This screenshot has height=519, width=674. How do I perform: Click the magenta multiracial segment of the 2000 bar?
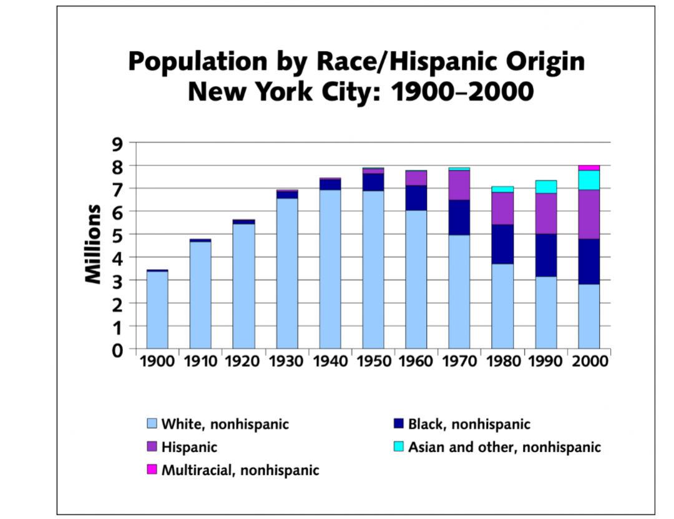[x=589, y=168]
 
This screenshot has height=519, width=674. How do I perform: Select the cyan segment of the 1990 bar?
[x=545, y=187]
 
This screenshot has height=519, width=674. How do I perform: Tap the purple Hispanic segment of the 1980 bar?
[x=502, y=208]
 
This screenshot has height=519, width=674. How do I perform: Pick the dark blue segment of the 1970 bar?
[x=459, y=217]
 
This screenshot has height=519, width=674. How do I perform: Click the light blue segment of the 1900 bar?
[x=157, y=310]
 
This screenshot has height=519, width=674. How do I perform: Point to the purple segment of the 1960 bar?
[x=416, y=178]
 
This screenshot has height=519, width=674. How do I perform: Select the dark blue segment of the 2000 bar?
[x=589, y=262]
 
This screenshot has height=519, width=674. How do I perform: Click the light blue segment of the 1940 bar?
[x=330, y=269]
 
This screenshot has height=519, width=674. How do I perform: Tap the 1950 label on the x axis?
[x=373, y=362]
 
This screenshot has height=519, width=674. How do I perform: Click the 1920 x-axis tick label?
[x=243, y=362]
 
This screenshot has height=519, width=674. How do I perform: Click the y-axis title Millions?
[x=94, y=244]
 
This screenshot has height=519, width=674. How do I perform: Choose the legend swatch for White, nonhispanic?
[x=152, y=425]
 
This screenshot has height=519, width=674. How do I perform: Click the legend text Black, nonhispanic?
[x=469, y=425]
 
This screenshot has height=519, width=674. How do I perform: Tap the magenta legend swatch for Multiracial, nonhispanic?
[x=152, y=470]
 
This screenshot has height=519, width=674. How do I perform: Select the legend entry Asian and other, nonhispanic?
[x=504, y=447]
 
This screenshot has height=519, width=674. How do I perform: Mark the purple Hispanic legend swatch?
[x=152, y=447]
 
